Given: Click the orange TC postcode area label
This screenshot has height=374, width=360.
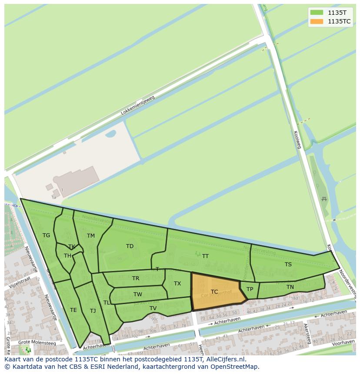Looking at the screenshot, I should tap(214, 292).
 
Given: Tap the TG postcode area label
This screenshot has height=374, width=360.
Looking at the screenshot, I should tap(47, 235).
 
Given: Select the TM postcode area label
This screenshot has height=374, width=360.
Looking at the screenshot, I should tap(90, 236).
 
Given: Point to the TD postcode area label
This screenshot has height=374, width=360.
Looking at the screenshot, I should tap(130, 246).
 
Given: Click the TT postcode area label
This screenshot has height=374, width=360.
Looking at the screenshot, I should tap(205, 256).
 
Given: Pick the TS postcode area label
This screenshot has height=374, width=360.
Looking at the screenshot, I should tap(288, 265).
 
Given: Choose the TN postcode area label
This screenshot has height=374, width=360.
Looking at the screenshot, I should tap(290, 287).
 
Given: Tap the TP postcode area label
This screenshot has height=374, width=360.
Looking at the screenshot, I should tap(250, 289).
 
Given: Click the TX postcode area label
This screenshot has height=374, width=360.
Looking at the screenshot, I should tap(177, 284).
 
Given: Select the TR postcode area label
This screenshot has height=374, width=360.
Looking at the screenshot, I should tap(136, 278).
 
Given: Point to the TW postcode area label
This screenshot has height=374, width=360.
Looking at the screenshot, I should tap(138, 295).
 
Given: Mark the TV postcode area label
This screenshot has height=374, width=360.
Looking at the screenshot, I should tap(153, 308).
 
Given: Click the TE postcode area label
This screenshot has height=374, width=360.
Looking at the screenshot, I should tap(73, 310).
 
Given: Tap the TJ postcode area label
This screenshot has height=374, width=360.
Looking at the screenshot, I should tap(93, 311).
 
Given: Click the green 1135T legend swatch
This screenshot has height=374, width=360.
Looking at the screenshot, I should tap(317, 13).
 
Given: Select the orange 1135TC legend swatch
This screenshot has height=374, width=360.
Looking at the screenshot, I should tap(317, 21).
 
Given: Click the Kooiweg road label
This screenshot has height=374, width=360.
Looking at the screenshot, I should tap(298, 140).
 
